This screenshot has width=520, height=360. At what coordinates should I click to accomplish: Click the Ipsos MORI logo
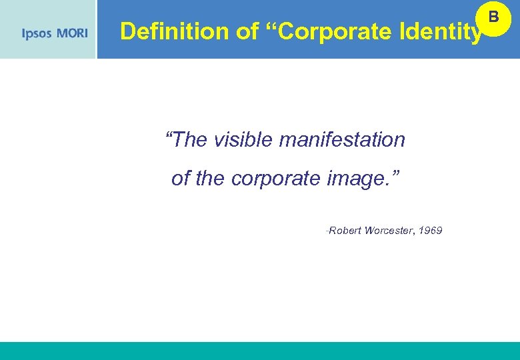pyautogui.click(x=55, y=33)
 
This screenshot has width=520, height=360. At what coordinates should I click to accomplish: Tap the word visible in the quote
pyautogui.click(x=243, y=140)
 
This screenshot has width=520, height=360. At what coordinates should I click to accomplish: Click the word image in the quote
pyautogui.click(x=356, y=179)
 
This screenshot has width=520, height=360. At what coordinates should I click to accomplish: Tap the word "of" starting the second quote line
pyautogui.click(x=181, y=179)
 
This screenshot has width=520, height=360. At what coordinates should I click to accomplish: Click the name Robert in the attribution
pyautogui.click(x=345, y=231)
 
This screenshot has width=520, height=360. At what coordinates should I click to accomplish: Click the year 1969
pyautogui.click(x=431, y=231)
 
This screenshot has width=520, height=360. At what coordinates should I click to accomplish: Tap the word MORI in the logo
pyautogui.click(x=72, y=33)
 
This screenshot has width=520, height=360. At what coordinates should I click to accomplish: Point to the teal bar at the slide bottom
pyautogui.click(x=260, y=351)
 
